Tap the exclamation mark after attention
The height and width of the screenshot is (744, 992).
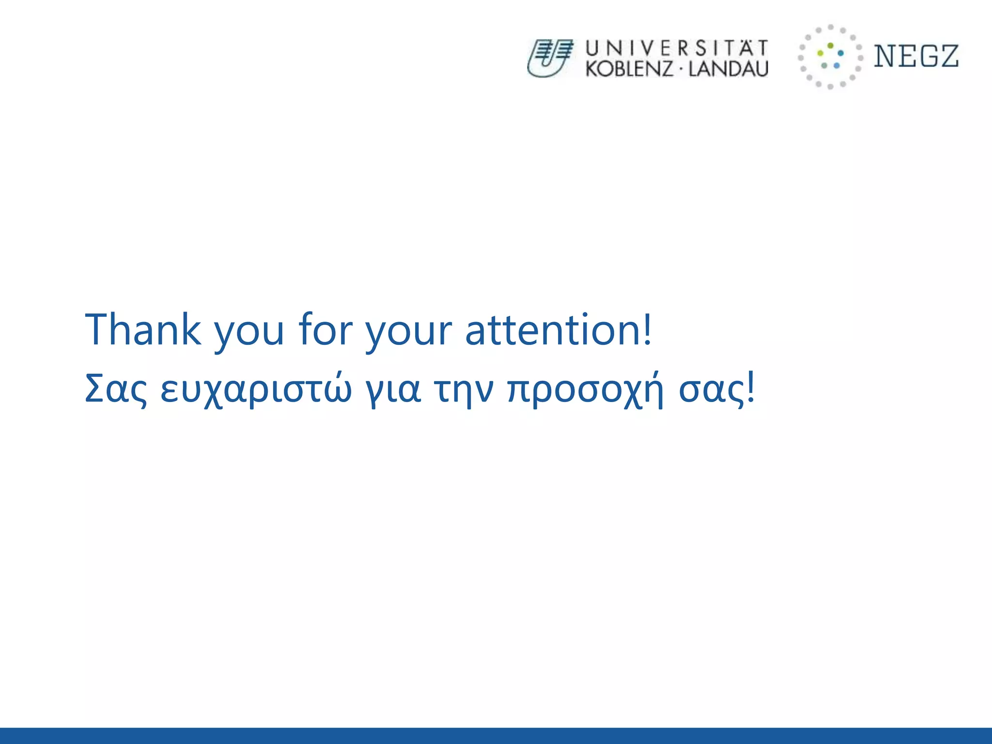(648, 329)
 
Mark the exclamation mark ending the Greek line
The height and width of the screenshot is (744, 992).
(751, 387)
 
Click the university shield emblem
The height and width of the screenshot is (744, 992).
(550, 58)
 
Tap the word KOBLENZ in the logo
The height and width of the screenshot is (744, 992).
(629, 69)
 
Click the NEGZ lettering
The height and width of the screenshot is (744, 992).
(916, 56)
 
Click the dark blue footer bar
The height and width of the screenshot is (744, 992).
(496, 735)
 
